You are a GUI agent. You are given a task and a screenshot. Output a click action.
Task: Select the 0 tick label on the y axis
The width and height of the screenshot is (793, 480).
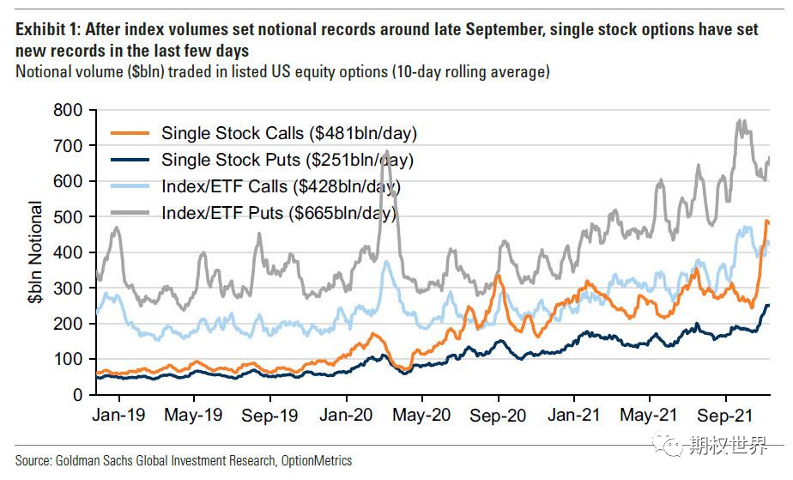78,395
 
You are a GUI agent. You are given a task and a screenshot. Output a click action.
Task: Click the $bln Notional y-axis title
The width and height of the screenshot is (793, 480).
36,252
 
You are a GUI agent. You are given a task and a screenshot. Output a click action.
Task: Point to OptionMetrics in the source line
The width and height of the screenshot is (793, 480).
317,461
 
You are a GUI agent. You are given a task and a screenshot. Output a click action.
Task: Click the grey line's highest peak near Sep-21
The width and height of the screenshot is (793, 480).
739,120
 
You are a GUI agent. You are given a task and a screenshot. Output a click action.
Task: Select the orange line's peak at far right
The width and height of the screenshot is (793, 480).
766,221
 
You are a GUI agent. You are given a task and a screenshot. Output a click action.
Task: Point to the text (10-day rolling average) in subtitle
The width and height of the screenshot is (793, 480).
471,72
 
